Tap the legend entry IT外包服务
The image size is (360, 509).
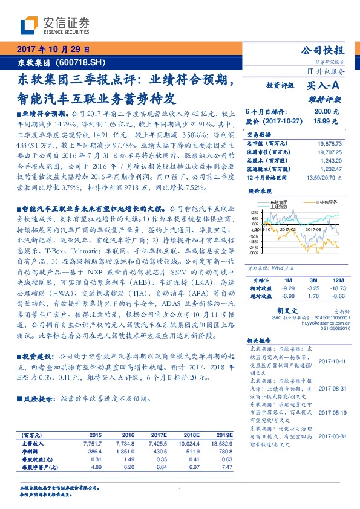[x=327, y=201]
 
